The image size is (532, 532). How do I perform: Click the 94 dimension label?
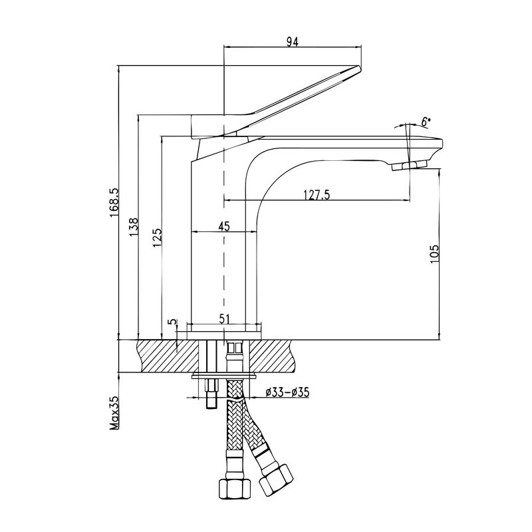pyautogui.click(x=291, y=41)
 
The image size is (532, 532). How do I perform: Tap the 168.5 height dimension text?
pyautogui.click(x=113, y=203)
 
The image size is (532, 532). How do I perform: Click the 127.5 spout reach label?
pyautogui.click(x=317, y=195)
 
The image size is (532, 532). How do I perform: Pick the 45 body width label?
pyautogui.click(x=223, y=227)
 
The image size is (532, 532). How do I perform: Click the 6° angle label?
pyautogui.click(x=426, y=122)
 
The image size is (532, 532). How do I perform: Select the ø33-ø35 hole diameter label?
pyautogui.click(x=287, y=392)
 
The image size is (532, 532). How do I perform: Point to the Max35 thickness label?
pyautogui.click(x=114, y=412)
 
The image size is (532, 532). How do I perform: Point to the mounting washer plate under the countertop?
pyautogui.click(x=223, y=376)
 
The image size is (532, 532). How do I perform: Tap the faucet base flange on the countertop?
pyautogui.click(x=224, y=328)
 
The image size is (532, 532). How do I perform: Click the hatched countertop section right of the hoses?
pyautogui.click(x=276, y=356)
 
